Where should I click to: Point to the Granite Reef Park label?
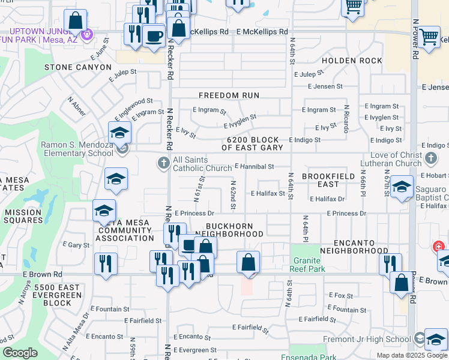pos(309,265)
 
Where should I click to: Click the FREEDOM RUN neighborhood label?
pos(229,95)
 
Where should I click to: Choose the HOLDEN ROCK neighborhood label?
pos(352,61)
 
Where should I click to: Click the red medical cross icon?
pos(439,247)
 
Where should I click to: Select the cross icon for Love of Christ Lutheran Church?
pos(430,158)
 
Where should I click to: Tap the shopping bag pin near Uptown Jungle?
pos(76,21)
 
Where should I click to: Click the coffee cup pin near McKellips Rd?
pos(154,35)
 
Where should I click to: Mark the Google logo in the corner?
pos(20,353)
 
